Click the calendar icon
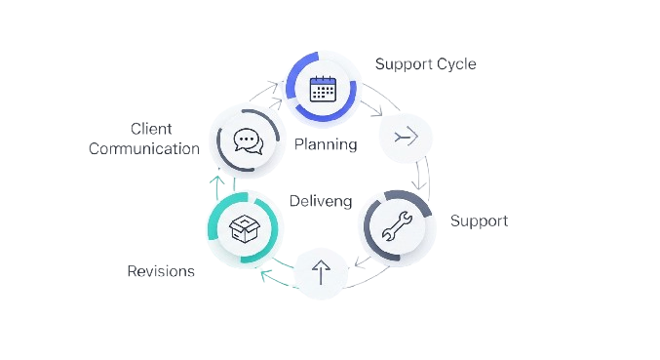pos(321,88)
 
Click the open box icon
pos(242,229)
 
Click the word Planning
pos(326,144)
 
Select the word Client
pos(151,129)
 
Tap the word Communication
pos(144,148)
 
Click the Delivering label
pos(318,201)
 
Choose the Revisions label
pos(161,270)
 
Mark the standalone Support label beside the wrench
pos(479,220)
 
